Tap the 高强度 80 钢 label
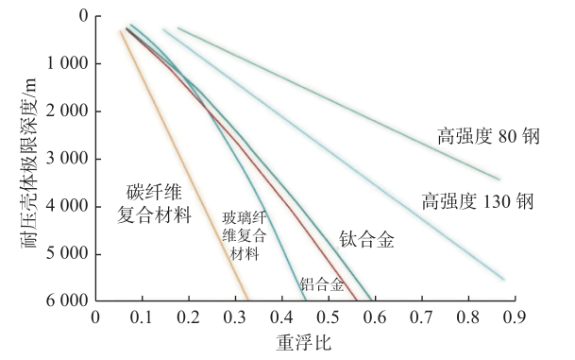point(487,136)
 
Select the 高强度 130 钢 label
point(478,200)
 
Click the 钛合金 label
point(366,239)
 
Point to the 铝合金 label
point(322,283)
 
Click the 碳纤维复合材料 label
point(154,203)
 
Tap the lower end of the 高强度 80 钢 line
point(499,179)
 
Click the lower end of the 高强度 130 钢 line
point(503,278)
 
